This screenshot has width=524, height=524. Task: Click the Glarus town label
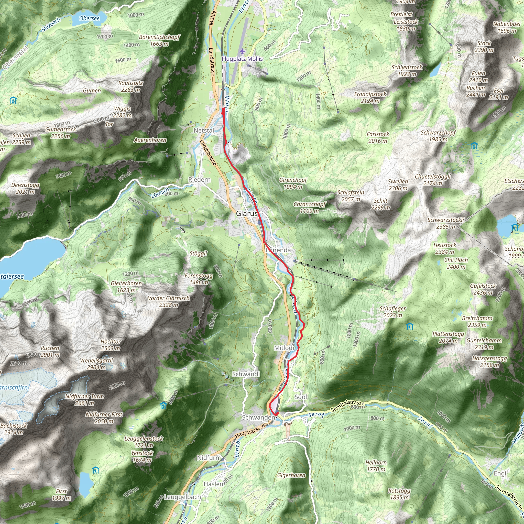pos(247,213)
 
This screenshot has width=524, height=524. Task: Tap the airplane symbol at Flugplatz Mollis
pos(242,51)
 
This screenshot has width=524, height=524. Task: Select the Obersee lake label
pos(89,18)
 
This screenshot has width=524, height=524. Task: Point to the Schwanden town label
pos(258,417)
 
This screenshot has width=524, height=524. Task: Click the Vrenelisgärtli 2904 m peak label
pos(96,364)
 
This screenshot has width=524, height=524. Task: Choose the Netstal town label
pos(204,130)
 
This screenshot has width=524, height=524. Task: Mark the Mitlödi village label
pos(284,348)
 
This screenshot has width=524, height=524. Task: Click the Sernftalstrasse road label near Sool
pos(347,406)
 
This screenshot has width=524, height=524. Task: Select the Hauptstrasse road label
pos(250,431)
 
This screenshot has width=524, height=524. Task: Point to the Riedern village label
pos(199,180)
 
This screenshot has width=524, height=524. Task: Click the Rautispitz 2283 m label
pos(130,86)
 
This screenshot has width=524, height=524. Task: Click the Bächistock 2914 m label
pos(14,429)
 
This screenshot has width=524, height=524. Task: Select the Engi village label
pos(500,473)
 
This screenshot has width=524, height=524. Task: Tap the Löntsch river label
pos(160,193)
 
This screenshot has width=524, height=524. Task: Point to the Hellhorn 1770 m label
pos(376,466)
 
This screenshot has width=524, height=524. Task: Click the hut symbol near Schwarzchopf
pos(474,146)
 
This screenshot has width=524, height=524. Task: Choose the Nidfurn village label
pos(208,458)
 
